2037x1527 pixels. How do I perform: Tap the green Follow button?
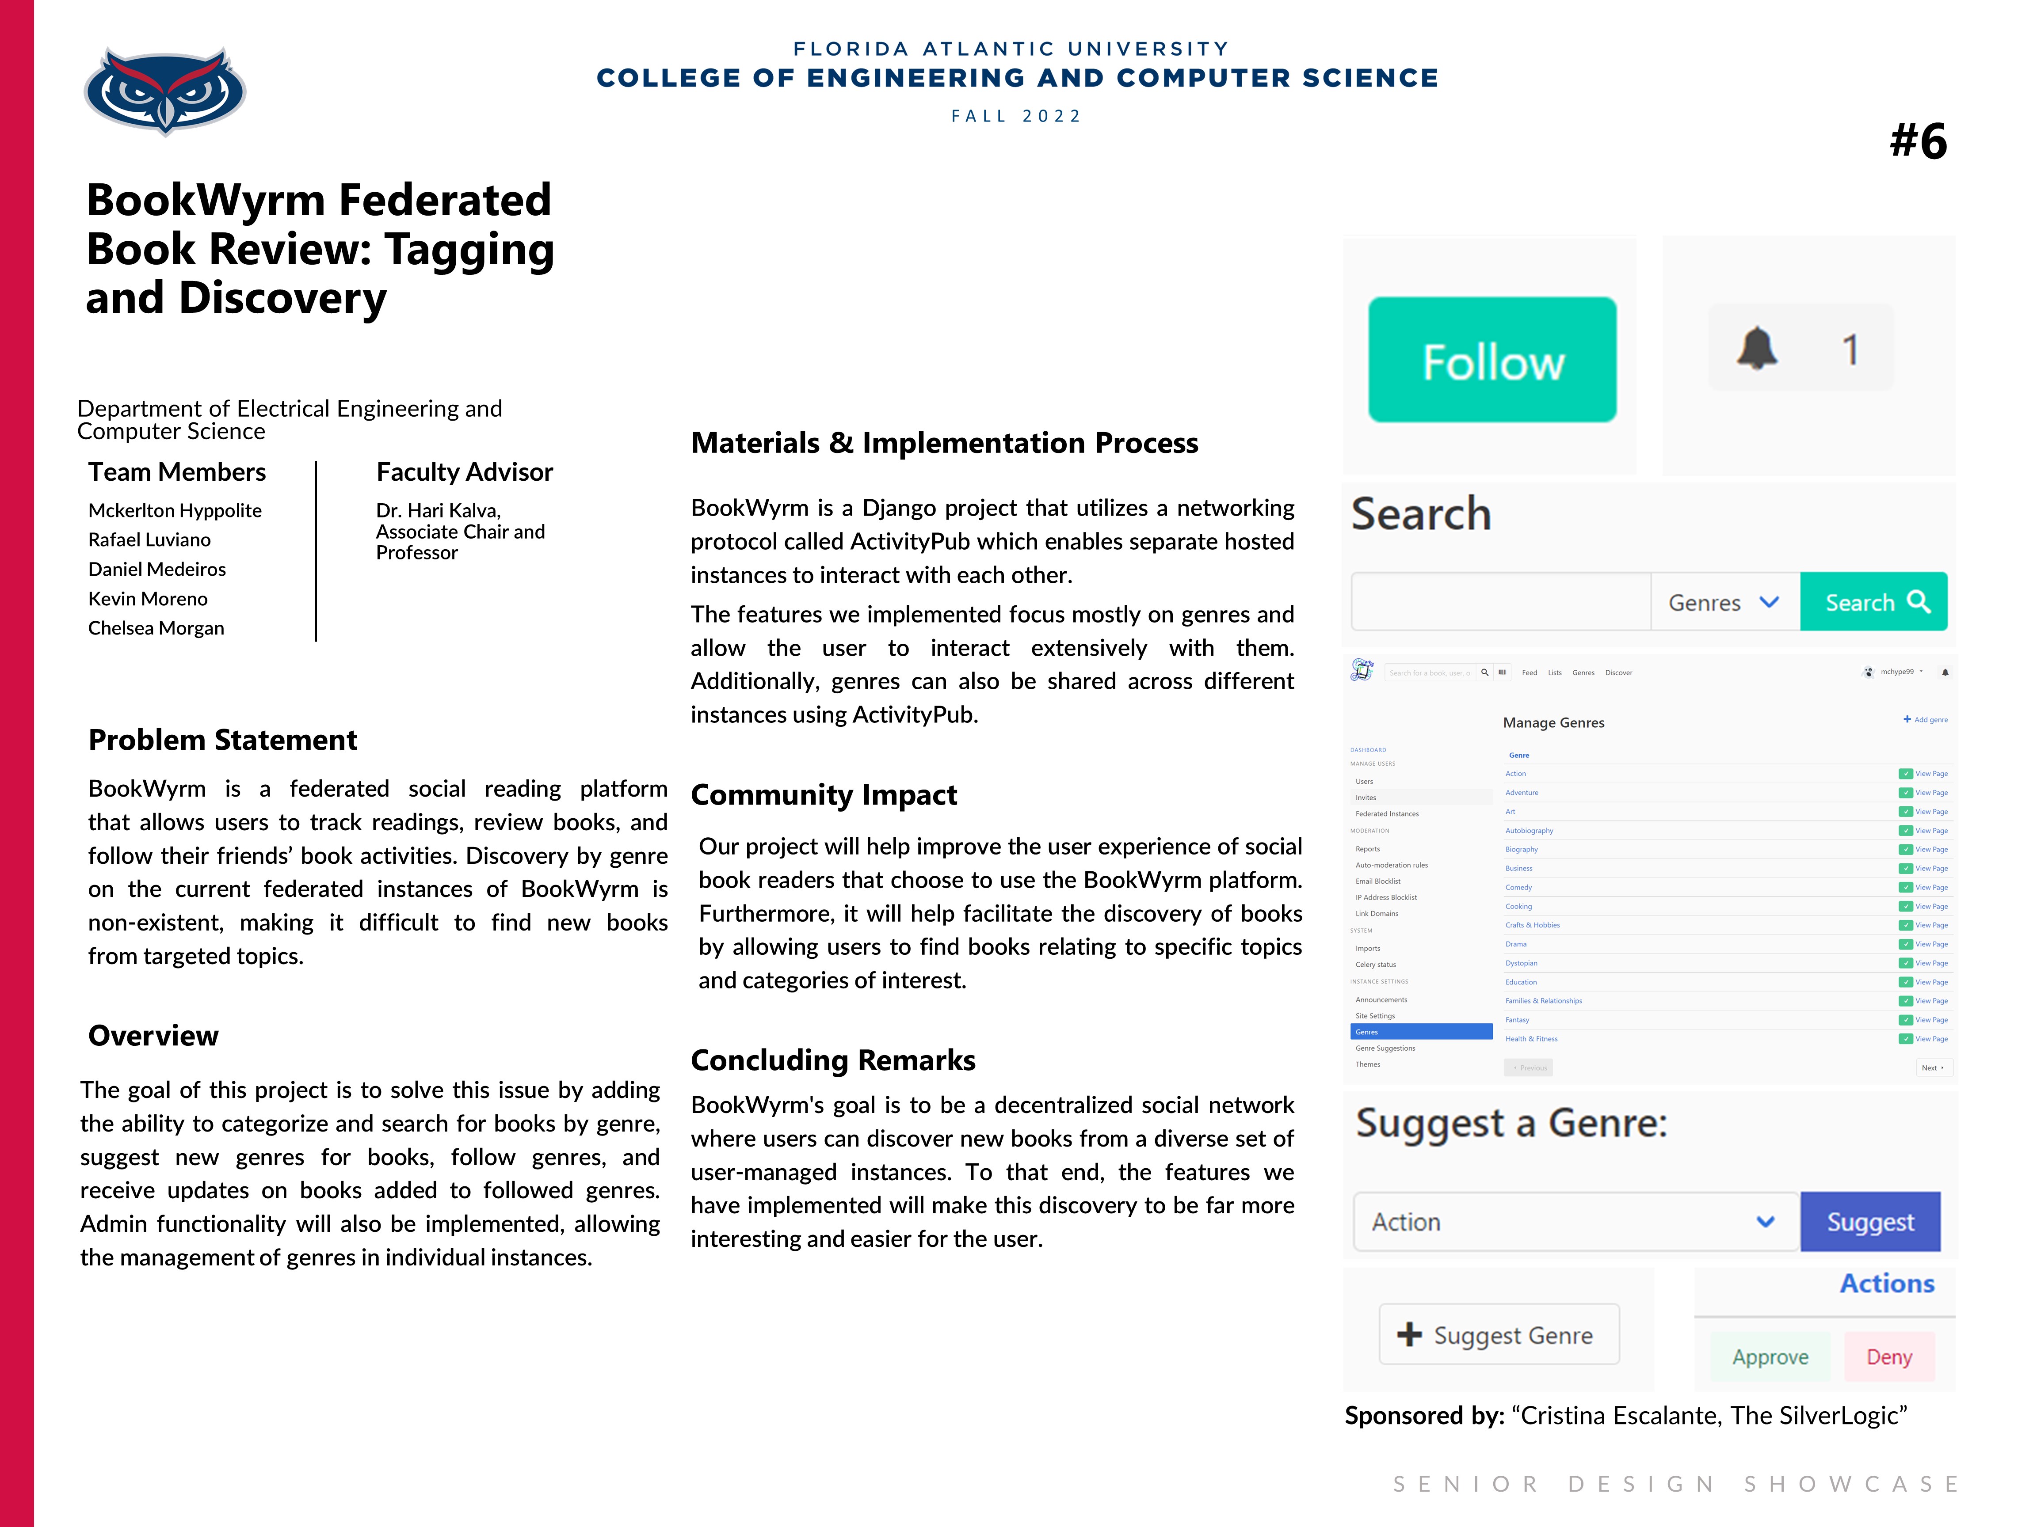(1492, 360)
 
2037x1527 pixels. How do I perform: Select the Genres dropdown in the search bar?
(1724, 602)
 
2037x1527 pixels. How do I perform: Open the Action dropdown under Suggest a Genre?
(1575, 1221)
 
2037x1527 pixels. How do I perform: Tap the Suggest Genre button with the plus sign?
(1498, 1335)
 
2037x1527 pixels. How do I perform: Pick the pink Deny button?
(1889, 1357)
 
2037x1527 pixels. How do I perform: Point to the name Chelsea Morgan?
(156, 628)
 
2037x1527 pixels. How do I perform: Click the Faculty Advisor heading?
(464, 472)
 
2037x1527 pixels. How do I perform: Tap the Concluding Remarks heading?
(832, 1060)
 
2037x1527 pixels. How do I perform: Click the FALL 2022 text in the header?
(1017, 116)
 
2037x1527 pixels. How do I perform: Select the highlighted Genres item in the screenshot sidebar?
(1420, 1032)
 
